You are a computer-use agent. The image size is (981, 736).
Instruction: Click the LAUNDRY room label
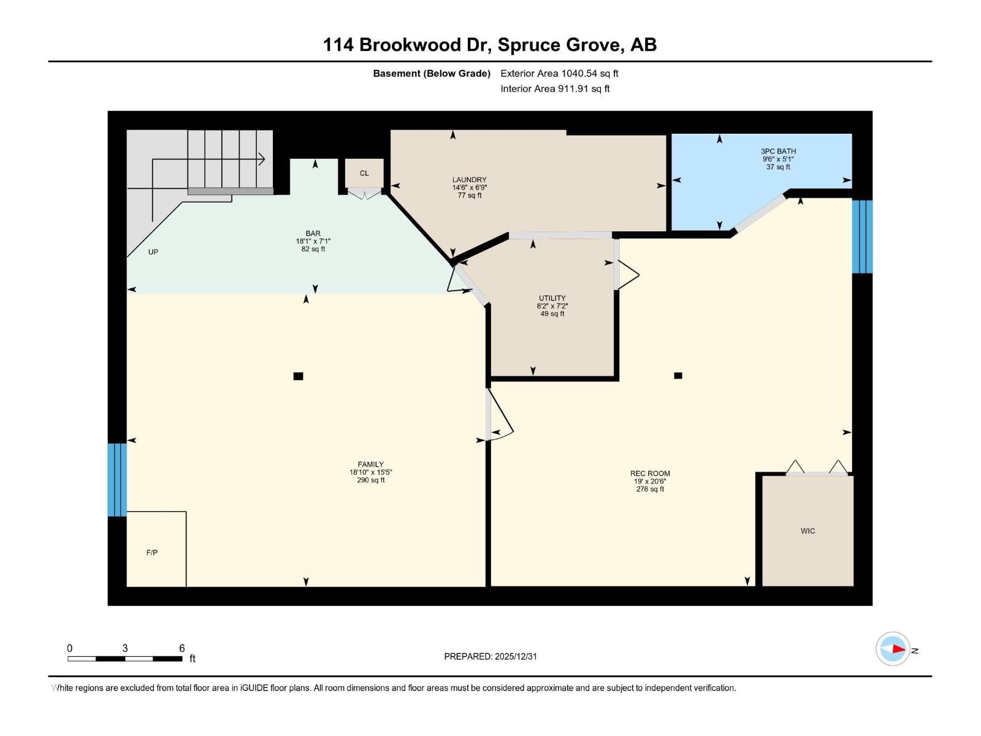point(469,180)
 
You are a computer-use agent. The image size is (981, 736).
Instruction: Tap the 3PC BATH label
point(778,151)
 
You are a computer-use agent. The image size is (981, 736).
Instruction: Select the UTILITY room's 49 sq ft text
point(552,313)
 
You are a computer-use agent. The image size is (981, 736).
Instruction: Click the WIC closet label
point(807,531)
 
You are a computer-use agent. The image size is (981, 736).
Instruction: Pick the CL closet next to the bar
point(364,173)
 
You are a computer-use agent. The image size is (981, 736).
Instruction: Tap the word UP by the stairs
point(153,252)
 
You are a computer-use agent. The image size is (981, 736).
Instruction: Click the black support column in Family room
point(298,376)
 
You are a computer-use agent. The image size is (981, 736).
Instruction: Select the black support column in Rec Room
point(678,375)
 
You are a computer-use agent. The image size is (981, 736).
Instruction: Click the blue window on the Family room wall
point(117,480)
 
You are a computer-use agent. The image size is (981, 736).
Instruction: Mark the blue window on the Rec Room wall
point(861,236)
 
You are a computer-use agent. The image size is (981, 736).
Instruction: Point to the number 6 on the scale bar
point(181,648)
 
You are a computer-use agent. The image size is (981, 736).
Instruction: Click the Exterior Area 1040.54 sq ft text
point(559,73)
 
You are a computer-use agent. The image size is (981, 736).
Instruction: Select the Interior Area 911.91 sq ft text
point(555,88)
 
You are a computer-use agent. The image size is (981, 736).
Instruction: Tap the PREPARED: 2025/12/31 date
point(490,656)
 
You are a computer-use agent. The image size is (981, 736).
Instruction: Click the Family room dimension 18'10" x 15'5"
point(370,472)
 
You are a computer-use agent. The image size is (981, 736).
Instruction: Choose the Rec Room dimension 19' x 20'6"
point(650,481)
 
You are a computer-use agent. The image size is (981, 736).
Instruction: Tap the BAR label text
point(313,233)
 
